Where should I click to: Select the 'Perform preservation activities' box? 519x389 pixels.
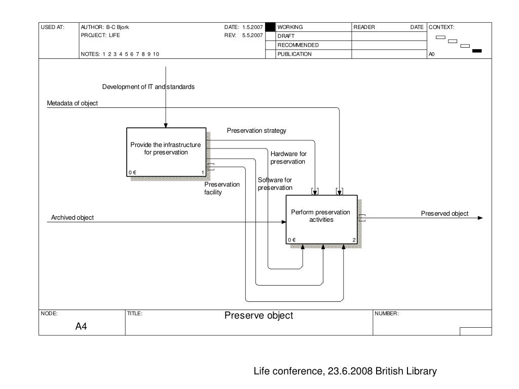(321, 219)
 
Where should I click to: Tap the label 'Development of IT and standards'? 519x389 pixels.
(148, 87)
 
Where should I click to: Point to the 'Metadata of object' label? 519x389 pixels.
(72, 103)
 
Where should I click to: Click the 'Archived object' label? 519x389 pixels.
(72, 218)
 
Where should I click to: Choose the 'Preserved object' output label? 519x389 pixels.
(444, 214)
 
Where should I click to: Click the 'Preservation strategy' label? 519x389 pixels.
(256, 131)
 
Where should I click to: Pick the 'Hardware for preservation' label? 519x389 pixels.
(288, 158)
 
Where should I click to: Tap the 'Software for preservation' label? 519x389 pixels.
(275, 184)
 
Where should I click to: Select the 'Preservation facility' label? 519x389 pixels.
(222, 188)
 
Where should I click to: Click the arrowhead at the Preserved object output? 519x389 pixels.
(480, 218)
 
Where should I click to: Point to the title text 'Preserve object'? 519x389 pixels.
(258, 316)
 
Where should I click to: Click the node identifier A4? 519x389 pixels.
(81, 327)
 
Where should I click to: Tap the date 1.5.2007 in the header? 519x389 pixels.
(252, 27)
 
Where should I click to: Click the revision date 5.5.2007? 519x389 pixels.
(252, 36)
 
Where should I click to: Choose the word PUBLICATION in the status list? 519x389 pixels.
(294, 54)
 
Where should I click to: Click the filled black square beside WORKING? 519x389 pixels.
(270, 27)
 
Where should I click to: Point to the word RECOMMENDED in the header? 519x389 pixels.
(298, 45)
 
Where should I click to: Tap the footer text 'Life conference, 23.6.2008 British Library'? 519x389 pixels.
(345, 371)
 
